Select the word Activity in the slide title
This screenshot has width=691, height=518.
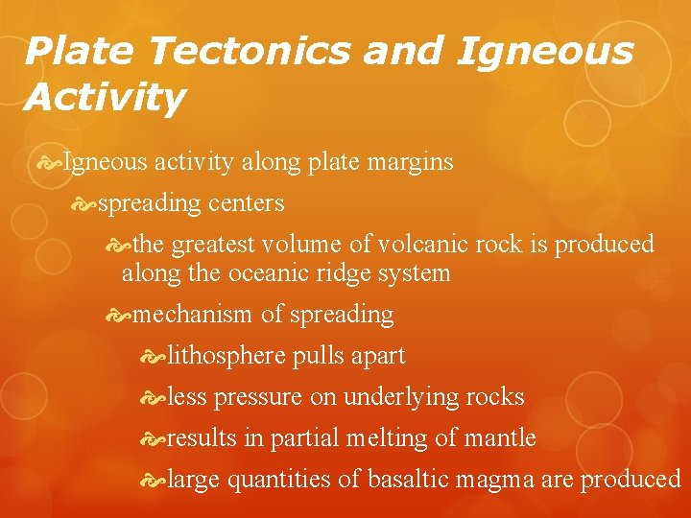click(x=106, y=97)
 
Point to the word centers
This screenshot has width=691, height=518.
click(x=244, y=203)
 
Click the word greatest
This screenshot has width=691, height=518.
click(x=219, y=244)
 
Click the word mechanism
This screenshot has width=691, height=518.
click(x=193, y=315)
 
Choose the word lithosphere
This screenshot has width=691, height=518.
click(x=226, y=356)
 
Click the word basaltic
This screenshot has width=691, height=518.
click(x=414, y=480)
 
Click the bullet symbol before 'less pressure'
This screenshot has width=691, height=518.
click(x=153, y=397)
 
